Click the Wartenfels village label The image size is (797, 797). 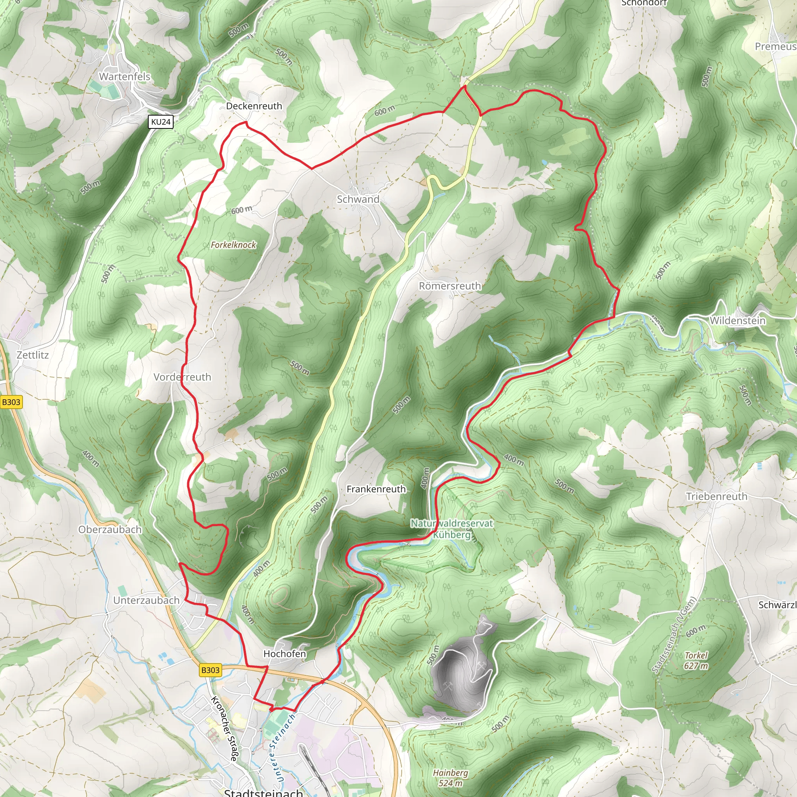tap(125, 76)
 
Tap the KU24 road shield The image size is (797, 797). tap(160, 122)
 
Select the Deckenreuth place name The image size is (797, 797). tap(254, 106)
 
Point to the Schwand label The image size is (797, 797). tap(358, 199)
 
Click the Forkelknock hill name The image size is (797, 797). tap(233, 245)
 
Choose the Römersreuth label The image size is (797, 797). tap(449, 286)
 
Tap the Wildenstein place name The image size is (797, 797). tap(737, 321)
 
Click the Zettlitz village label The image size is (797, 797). tap(33, 355)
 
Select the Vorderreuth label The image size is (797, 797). tap(183, 377)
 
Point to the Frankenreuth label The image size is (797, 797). tap(376, 489)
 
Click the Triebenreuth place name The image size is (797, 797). tap(716, 497)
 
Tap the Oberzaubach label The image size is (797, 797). tap(110, 530)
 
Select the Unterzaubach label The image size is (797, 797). tap(146, 600)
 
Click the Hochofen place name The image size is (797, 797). tap(284, 654)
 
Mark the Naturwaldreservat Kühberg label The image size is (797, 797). tap(452, 529)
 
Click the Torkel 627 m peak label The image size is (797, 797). tap(696, 660)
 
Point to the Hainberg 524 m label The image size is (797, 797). tap(451, 778)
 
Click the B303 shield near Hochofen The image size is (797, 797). tap(211, 670)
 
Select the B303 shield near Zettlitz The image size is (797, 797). tap(11, 402)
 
